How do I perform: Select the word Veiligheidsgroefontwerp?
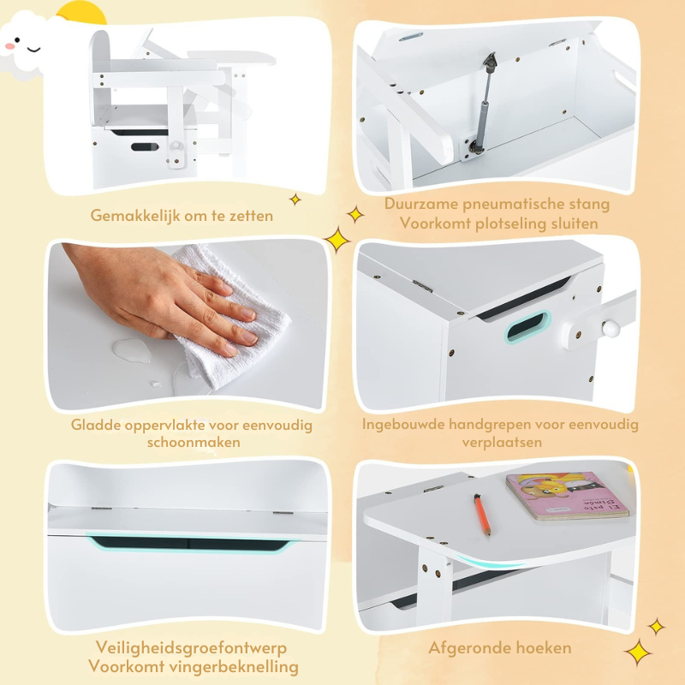click(x=179, y=648)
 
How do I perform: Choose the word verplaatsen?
click(x=500, y=442)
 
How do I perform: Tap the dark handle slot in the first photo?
click(x=144, y=146)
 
